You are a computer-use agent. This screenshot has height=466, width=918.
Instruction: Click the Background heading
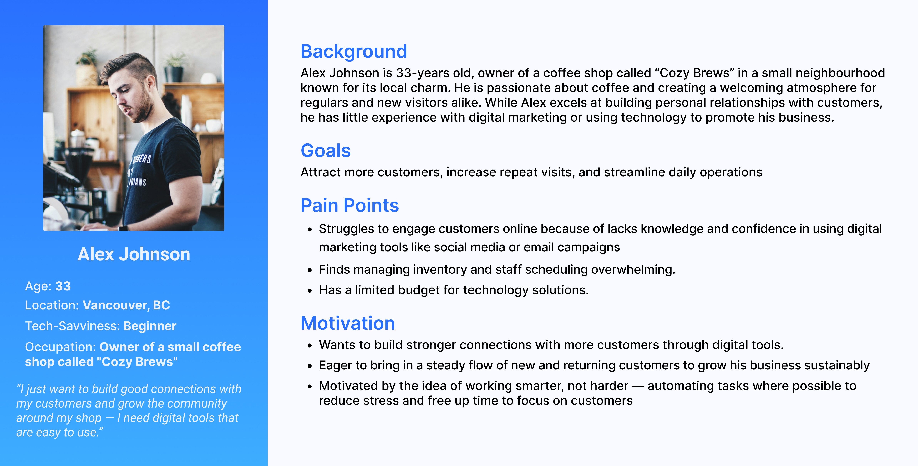(x=353, y=52)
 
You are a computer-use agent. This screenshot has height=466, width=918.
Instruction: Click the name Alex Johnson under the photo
(x=134, y=254)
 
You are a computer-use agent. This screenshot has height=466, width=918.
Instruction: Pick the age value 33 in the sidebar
(x=63, y=286)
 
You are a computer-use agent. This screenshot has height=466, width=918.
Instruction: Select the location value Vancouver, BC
(x=126, y=305)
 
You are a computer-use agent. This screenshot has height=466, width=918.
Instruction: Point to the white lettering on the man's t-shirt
(x=140, y=170)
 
